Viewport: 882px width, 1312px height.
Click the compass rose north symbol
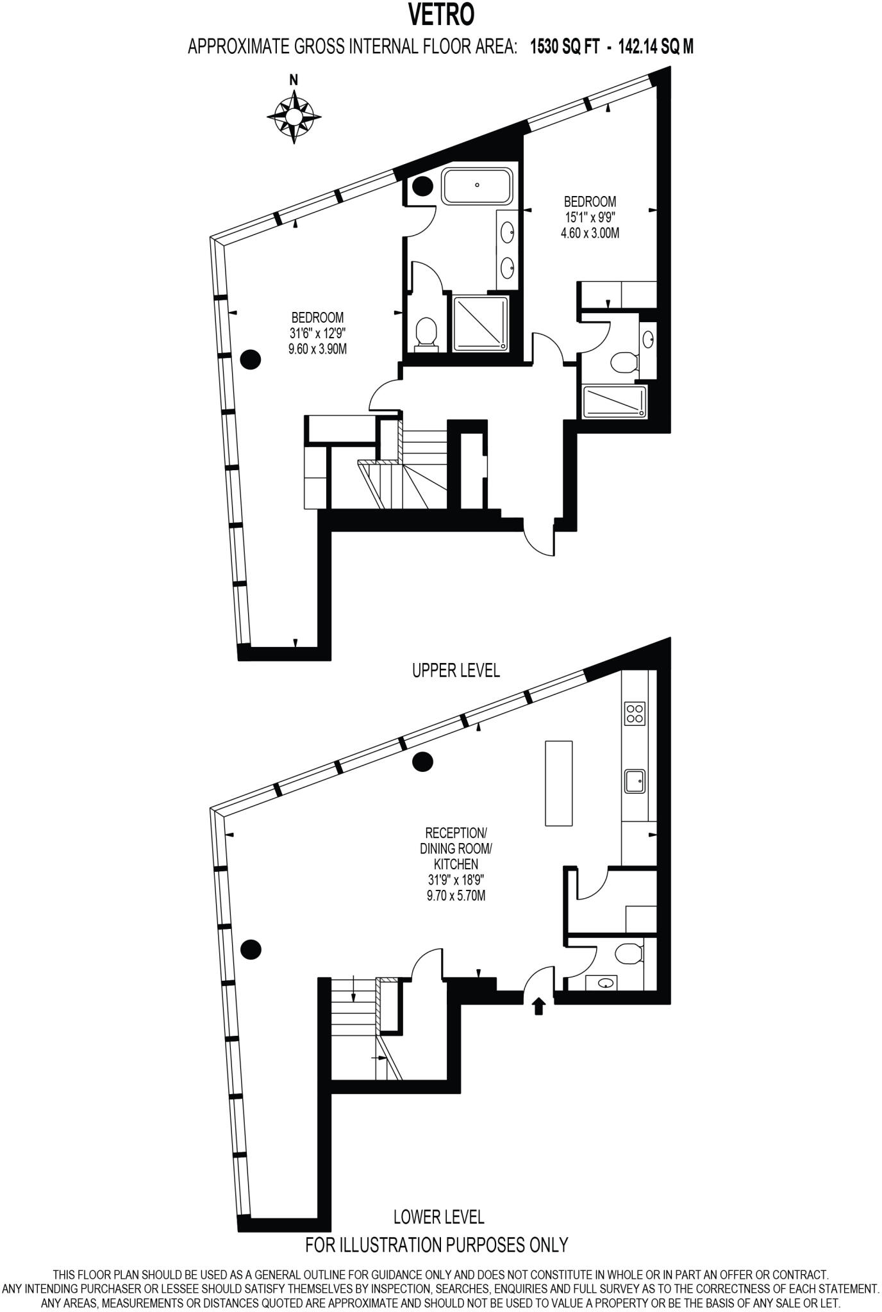[294, 115]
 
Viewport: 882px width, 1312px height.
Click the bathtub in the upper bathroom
[477, 186]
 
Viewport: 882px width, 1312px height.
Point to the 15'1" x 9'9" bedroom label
[590, 217]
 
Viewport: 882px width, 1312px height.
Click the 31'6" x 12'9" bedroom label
[317, 332]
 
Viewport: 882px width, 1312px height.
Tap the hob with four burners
[635, 714]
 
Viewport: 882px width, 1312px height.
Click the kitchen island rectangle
[558, 783]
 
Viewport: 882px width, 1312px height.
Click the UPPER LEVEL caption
[456, 670]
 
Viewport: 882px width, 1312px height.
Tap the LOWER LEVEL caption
[438, 1216]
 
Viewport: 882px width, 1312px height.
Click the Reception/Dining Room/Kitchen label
[456, 864]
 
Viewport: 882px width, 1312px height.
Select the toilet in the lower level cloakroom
[628, 954]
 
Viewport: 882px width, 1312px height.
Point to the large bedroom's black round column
[250, 359]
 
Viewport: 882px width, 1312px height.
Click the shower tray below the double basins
[481, 323]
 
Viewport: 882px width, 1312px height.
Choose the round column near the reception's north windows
[422, 762]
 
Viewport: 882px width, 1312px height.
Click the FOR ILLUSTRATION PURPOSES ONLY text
[437, 1244]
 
